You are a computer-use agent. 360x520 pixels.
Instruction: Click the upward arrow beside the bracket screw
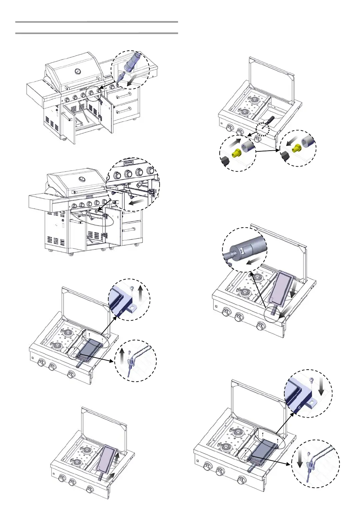[140, 295]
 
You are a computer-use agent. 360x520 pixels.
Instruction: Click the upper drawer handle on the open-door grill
[124, 96]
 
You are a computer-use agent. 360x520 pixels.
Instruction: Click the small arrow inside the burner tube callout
[254, 261]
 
